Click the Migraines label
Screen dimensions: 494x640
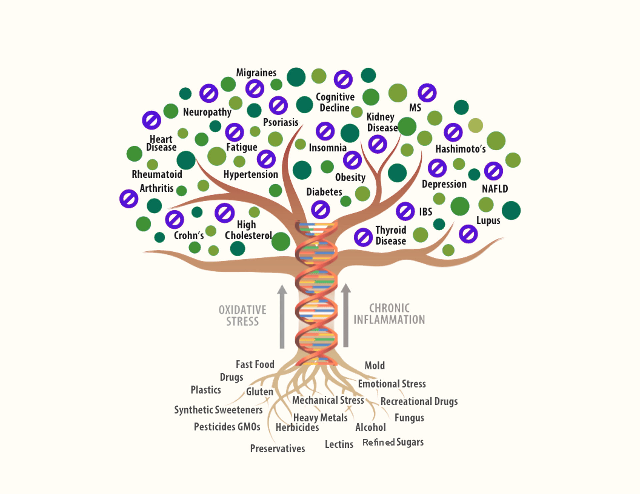click(x=256, y=73)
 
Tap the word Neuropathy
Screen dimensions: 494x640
click(x=207, y=112)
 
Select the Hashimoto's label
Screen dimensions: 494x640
click(x=460, y=149)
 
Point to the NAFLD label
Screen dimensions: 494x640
click(x=495, y=189)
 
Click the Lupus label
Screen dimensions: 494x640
click(x=488, y=221)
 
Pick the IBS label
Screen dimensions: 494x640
click(x=425, y=212)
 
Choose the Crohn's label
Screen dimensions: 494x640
click(x=189, y=236)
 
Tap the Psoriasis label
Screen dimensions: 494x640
click(x=281, y=122)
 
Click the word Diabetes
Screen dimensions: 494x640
click(x=324, y=192)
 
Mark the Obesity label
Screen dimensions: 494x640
click(x=350, y=177)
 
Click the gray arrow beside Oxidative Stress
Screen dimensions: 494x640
click(x=282, y=316)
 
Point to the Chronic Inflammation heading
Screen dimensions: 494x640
click(x=389, y=314)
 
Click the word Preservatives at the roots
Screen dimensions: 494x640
click(x=277, y=448)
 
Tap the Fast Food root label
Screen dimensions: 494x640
click(x=255, y=364)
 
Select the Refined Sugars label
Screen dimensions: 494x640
click(x=393, y=442)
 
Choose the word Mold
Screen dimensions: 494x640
click(x=375, y=365)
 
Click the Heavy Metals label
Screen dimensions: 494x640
click(x=320, y=417)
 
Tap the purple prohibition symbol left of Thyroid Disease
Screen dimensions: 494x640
click(x=363, y=238)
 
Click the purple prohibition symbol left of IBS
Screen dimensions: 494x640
click(x=405, y=211)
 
